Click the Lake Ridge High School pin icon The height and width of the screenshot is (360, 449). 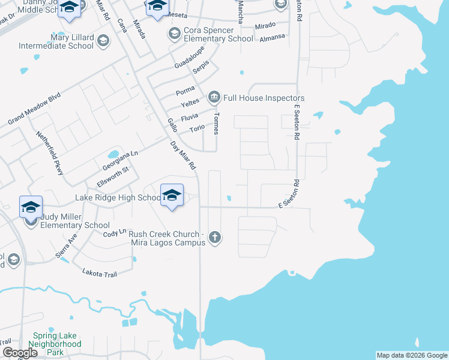[172, 196]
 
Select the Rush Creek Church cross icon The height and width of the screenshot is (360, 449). [215, 238]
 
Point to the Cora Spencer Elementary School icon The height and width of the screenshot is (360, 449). [175, 32]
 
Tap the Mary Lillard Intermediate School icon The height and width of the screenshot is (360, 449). [103, 40]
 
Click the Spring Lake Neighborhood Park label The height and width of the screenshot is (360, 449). [57, 344]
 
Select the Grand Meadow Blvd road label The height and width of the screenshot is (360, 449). [34, 109]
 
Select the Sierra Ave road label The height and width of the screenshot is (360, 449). [67, 246]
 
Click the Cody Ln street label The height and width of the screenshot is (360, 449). [115, 233]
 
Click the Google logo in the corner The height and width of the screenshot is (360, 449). [20, 353]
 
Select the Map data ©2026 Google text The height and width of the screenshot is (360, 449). [412, 355]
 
